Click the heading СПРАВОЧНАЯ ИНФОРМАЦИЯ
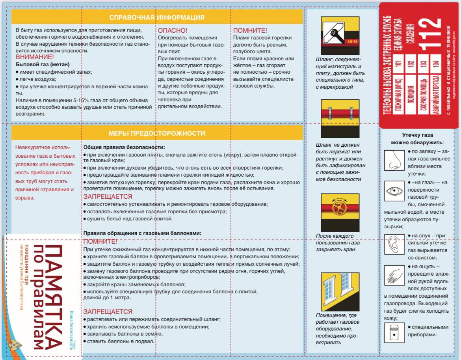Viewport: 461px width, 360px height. point(157,17)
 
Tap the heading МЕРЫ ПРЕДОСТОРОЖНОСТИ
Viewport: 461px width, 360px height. point(157,133)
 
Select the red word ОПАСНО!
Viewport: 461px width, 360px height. point(173,30)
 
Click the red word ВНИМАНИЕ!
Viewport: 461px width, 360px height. point(35,57)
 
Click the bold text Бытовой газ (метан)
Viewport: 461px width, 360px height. point(37,64)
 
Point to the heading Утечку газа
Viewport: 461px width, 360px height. point(417,135)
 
